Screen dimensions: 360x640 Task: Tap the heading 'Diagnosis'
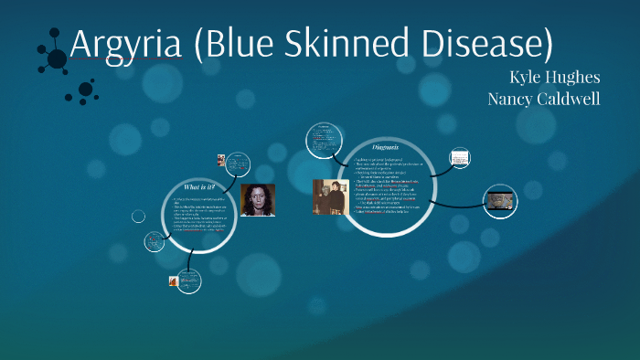click(x=385, y=146)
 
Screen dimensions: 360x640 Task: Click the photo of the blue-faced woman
click(x=257, y=200)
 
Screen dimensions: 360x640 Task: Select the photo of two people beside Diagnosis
click(x=330, y=197)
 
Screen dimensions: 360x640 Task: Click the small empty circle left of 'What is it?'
click(x=138, y=217)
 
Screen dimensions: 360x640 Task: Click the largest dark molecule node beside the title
click(x=57, y=60)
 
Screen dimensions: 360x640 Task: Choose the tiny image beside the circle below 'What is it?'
click(x=173, y=281)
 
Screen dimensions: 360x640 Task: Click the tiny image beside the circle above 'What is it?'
click(x=221, y=159)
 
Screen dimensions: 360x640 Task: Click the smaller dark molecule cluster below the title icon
click(x=86, y=90)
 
